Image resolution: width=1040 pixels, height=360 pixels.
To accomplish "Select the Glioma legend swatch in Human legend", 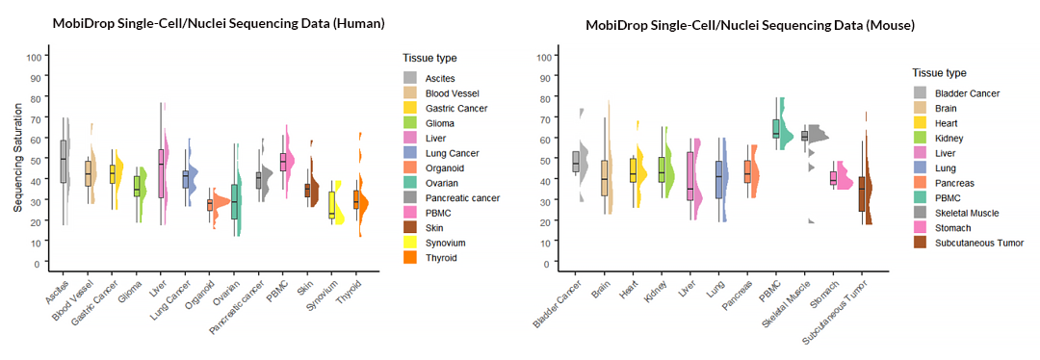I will (411, 122).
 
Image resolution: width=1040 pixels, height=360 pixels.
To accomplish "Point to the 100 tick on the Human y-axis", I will (35, 57).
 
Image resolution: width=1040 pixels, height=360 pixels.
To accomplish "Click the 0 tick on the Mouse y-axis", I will (545, 263).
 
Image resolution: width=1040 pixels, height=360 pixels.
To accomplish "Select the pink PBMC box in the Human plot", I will (284, 162).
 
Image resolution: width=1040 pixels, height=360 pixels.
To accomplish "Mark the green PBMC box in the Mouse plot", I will (776, 128).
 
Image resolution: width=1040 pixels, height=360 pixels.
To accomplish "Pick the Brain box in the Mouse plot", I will (605, 178).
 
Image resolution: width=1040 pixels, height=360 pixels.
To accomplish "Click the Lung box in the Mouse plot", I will (719, 180).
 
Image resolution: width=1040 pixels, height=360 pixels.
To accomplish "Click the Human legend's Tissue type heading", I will (429, 58).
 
